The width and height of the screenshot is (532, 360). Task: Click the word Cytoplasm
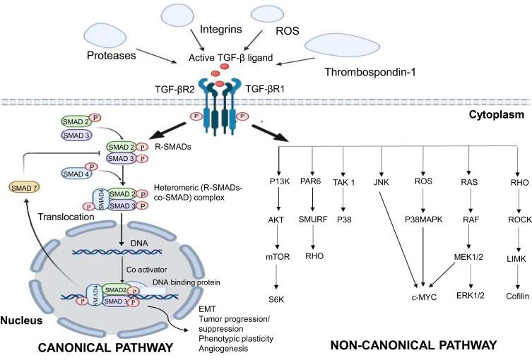500,113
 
